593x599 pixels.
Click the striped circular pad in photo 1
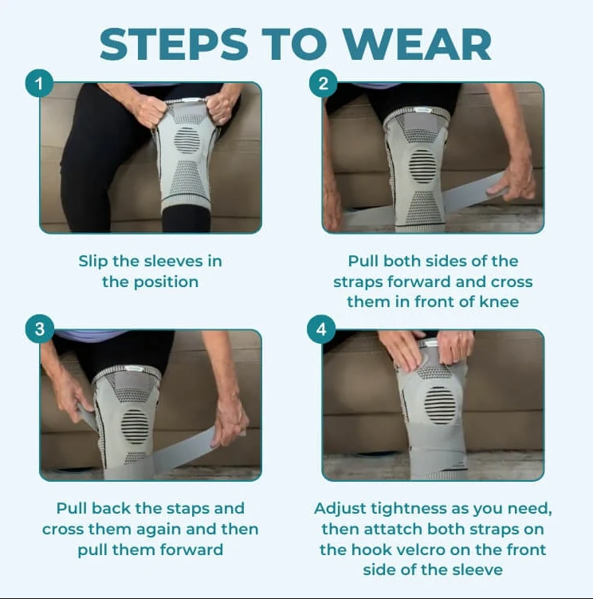(187, 140)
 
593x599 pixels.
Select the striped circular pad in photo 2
(422, 166)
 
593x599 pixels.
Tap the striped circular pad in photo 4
(439, 404)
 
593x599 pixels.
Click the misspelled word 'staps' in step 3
(181, 509)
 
